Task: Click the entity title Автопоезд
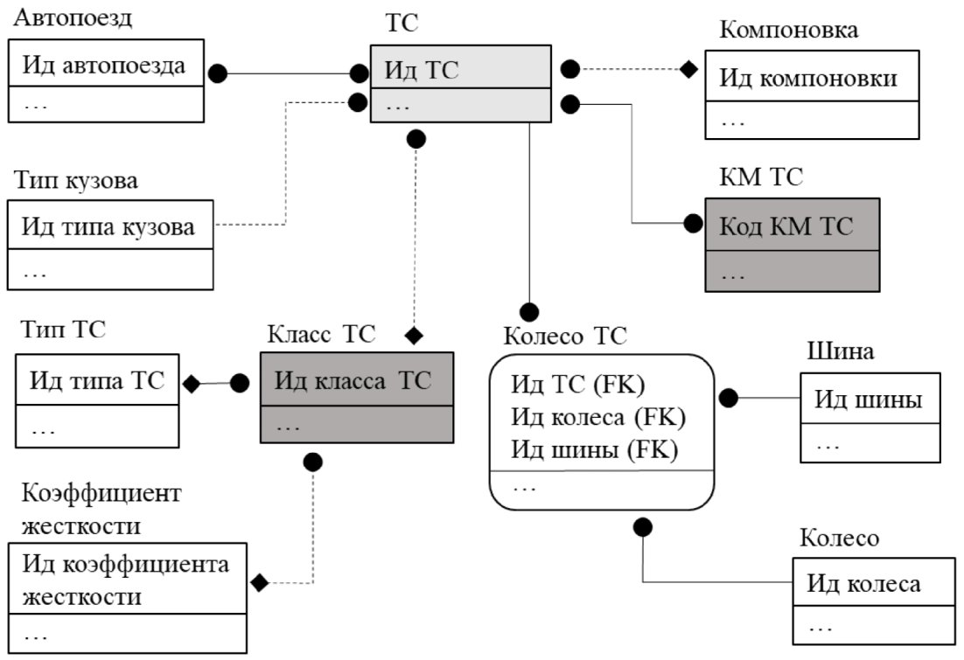[x=73, y=17]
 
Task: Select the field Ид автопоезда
[x=104, y=66]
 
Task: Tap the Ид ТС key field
[x=422, y=70]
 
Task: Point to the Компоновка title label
[x=788, y=30]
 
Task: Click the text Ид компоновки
[x=808, y=78]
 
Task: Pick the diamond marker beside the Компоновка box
[x=688, y=69]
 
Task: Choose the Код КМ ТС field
[x=786, y=226]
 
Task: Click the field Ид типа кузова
[x=108, y=226]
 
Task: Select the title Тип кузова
[x=75, y=181]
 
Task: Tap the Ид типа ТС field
[x=97, y=381]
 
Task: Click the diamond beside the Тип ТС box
[x=192, y=384]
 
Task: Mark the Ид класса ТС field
[x=353, y=381]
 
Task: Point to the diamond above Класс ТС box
[x=415, y=336]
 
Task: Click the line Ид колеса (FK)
[x=598, y=417]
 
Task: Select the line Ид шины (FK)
[x=595, y=450]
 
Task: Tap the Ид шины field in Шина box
[x=869, y=400]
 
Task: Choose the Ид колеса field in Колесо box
[x=863, y=584]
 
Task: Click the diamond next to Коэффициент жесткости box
[x=260, y=582]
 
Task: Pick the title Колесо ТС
[x=565, y=337]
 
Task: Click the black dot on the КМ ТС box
[x=693, y=224]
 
